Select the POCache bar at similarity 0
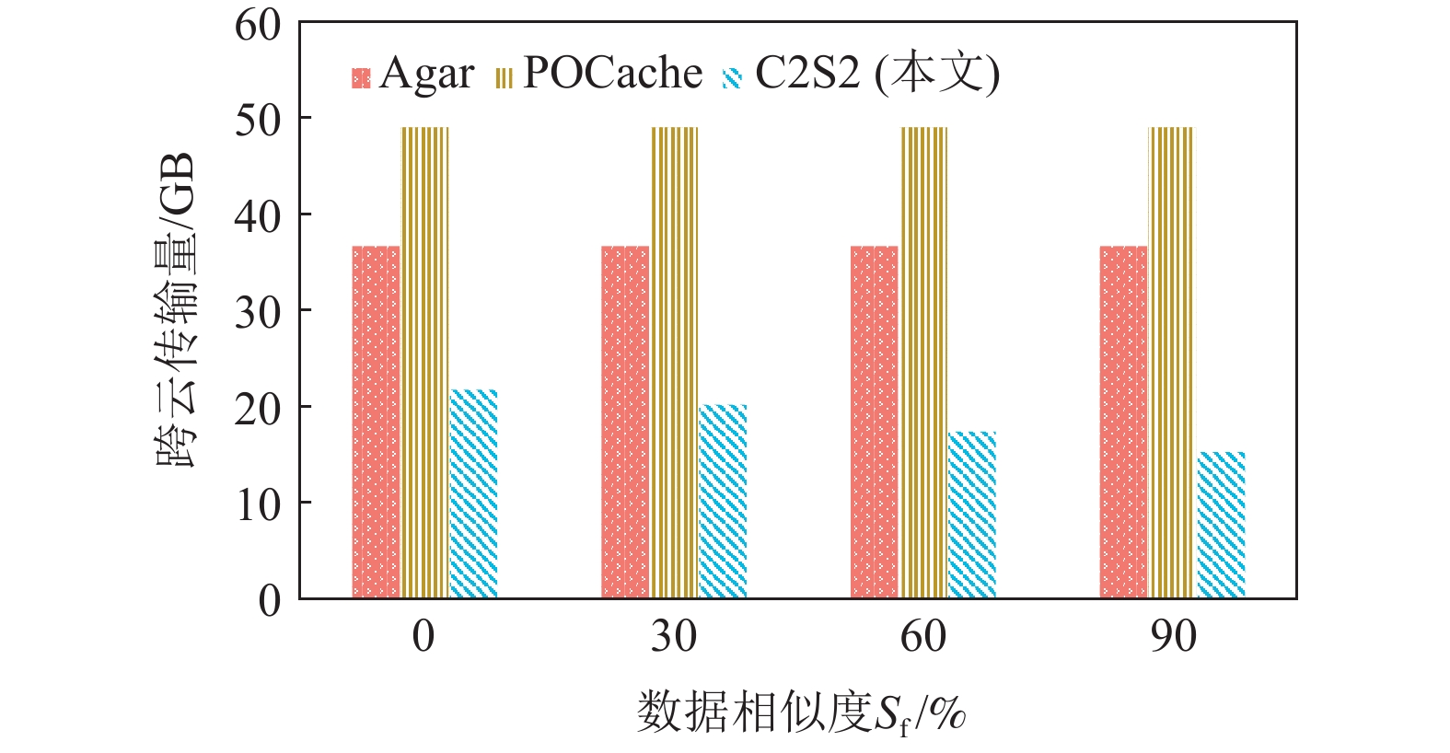[x=424, y=363]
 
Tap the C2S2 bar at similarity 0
[x=473, y=494]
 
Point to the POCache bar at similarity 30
[x=675, y=363]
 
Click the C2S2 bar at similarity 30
[x=723, y=502]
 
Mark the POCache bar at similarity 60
[x=923, y=363]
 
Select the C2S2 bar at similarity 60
[x=972, y=515]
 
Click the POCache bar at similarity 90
[x=1171, y=363]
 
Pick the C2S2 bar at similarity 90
[x=1221, y=525]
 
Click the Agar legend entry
[x=413, y=75]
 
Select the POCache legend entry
[x=599, y=75]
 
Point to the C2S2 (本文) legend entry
[x=862, y=75]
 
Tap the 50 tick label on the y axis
[x=258, y=120]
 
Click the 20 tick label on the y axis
[x=258, y=409]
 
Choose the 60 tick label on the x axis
[x=923, y=636]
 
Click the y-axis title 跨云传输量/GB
[x=176, y=310]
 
